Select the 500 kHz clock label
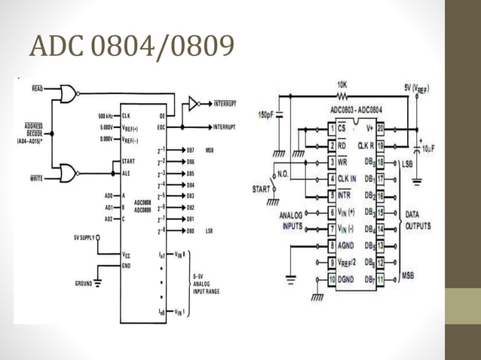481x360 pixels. pyautogui.click(x=106, y=116)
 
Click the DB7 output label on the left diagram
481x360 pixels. pyautogui.click(x=191, y=150)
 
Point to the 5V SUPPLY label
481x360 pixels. pyautogui.click(x=84, y=238)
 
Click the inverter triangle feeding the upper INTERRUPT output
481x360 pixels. pyautogui.click(x=194, y=103)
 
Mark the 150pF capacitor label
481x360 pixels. pyautogui.click(x=266, y=116)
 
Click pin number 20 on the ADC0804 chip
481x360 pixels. pyautogui.click(x=381, y=128)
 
